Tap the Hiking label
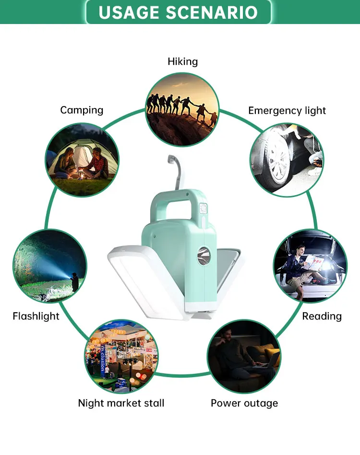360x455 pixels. pos(182,61)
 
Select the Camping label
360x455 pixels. pos(82,110)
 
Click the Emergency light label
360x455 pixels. pos(287,111)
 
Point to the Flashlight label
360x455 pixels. pos(36,316)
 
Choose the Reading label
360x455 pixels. pos(322,316)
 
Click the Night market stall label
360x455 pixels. pos(121,403)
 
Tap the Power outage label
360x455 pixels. pos(244,403)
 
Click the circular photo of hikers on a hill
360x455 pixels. pos(182,109)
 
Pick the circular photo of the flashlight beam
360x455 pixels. pos(50,266)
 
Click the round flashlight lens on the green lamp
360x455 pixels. pos(204,253)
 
